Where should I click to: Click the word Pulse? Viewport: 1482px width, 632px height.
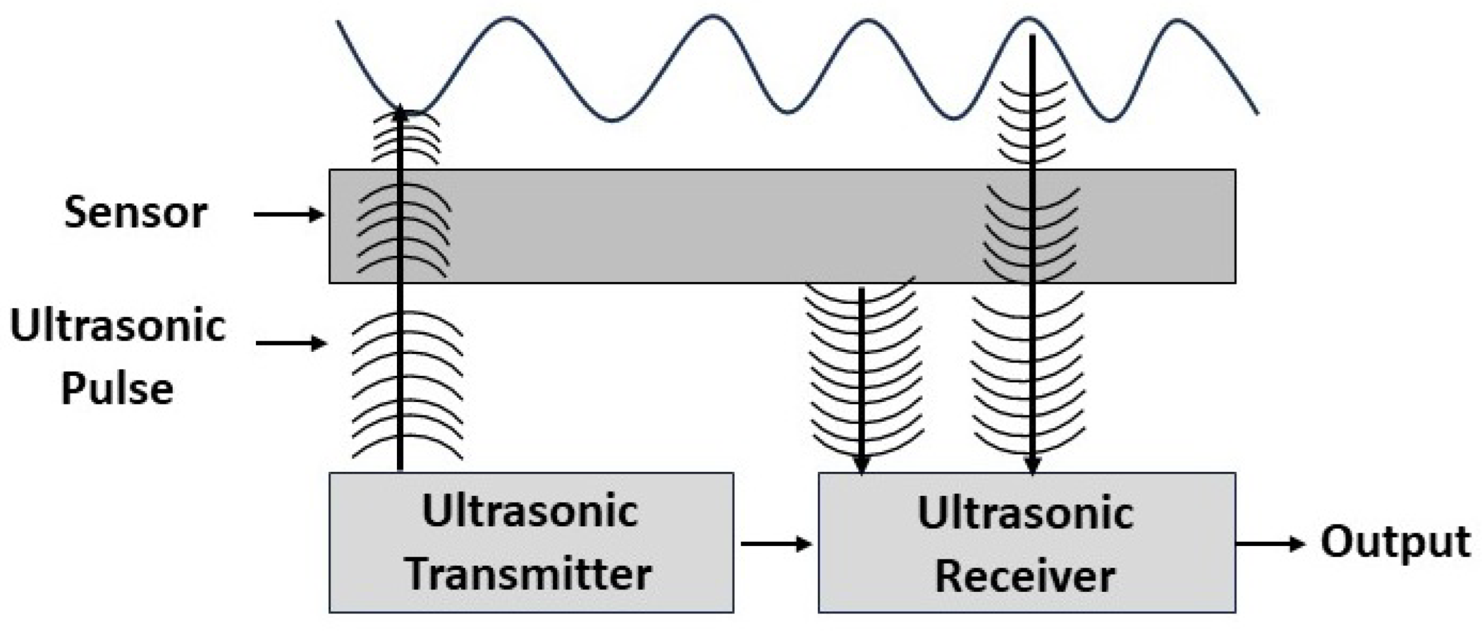tap(117, 389)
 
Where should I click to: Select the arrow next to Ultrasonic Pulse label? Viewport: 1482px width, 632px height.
tap(291, 343)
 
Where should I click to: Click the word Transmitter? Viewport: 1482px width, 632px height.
tap(528, 575)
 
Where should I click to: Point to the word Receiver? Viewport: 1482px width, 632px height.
tap(1025, 576)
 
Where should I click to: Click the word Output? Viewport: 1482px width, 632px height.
tap(1395, 542)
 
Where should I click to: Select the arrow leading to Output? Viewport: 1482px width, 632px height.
tap(1270, 544)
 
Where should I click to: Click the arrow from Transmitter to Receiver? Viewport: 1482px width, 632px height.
tap(776, 544)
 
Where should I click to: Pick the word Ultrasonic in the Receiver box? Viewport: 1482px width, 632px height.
tap(1025, 514)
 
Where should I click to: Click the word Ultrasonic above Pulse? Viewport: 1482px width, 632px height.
tap(118, 326)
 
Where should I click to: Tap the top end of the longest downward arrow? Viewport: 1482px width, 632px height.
tap(1032, 37)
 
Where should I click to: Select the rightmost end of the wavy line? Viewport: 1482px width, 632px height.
tap(1258, 112)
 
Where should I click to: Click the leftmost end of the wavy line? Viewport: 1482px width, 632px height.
tap(338, 22)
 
